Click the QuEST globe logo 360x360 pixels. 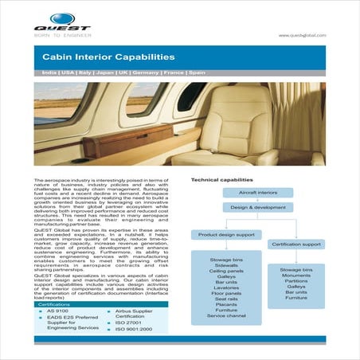pyautogui.click(x=61, y=18)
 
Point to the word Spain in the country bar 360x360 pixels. pyautogui.click(x=197, y=72)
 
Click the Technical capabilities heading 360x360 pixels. pyautogui.click(x=221, y=180)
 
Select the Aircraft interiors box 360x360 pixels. pyautogui.click(x=252, y=193)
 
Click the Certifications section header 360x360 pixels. pyautogui.click(x=54, y=304)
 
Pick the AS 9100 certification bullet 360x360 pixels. pyautogui.click(x=57, y=313)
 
